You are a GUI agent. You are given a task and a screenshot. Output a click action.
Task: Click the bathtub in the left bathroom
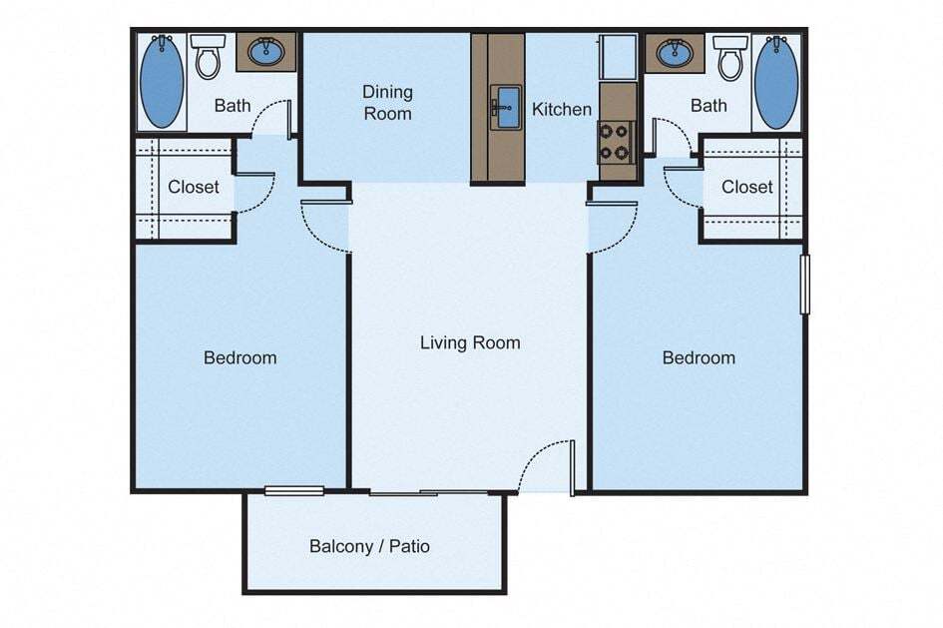pos(162,81)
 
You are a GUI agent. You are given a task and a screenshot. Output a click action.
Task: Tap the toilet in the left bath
pos(208,57)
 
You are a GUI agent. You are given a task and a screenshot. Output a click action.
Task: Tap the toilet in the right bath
pos(730,57)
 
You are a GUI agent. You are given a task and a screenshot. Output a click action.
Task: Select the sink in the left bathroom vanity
pos(265,52)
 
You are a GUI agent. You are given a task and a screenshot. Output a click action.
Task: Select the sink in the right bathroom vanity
pos(675,52)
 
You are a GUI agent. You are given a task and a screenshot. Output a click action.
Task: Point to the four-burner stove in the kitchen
pos(618,142)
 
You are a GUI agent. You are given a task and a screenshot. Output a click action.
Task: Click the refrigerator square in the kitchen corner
pos(618,57)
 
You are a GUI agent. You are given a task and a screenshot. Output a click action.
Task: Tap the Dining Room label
pos(387,103)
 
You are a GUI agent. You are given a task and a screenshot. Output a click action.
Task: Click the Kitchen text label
pos(562,109)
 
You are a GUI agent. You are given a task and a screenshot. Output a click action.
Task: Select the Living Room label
pos(470,342)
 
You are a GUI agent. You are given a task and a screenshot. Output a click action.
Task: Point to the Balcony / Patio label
pos(369,546)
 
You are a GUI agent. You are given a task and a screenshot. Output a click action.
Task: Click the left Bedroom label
pos(239,357)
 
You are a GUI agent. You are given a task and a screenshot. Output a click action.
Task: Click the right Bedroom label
pos(699,357)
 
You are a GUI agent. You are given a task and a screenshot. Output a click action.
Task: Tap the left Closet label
pos(193,187)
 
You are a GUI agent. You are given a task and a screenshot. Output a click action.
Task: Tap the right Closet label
pos(747,187)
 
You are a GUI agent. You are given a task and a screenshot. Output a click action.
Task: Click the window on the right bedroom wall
pos(805,285)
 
